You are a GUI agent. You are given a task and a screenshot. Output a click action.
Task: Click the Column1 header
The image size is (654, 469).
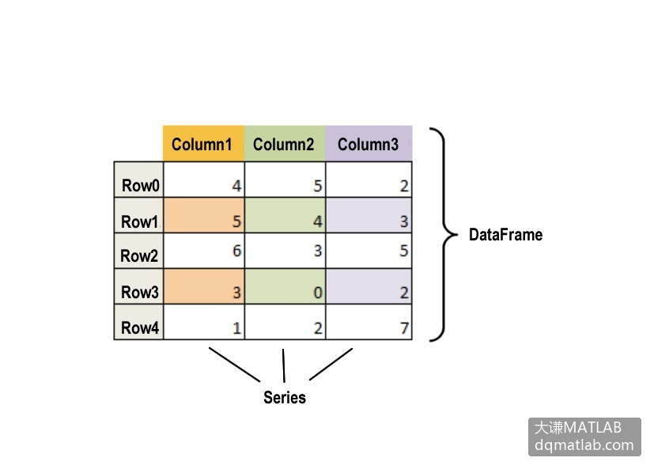coord(202,145)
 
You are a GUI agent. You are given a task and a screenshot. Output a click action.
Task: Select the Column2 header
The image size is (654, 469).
coord(283,145)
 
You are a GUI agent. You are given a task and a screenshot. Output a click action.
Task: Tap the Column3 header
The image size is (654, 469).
coord(368,145)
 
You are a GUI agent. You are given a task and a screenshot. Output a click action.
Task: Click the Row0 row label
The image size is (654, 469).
coord(140,185)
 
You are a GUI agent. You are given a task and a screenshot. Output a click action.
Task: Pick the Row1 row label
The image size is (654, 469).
coord(140,221)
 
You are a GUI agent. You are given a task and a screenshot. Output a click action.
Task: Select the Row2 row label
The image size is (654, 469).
coord(139,255)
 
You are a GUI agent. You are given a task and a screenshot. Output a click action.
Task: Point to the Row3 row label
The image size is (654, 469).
coord(140,292)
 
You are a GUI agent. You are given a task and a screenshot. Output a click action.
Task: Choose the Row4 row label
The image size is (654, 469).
coord(140,327)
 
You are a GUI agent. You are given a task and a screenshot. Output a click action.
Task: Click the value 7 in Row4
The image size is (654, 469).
coord(404,328)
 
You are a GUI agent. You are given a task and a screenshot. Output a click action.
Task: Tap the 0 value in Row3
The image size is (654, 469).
coord(318,293)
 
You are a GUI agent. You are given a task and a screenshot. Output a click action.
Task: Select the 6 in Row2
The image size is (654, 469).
coord(236,251)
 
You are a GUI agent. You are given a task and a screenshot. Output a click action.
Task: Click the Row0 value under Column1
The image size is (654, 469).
coord(236,186)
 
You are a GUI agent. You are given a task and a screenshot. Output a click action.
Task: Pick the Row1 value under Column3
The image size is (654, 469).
coord(404,221)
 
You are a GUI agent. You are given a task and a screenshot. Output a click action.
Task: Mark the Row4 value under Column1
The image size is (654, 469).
coord(236,328)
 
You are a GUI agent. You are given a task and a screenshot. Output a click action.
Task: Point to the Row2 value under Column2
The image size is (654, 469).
coord(318,251)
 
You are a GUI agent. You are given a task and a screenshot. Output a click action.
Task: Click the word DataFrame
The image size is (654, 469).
coord(505,234)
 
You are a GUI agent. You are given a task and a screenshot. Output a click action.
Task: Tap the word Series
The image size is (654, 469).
coord(285,397)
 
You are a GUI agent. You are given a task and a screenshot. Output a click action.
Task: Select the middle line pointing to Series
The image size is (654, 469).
coord(284,365)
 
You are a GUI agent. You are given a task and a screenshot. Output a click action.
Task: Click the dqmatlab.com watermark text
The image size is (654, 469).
coord(584,445)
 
